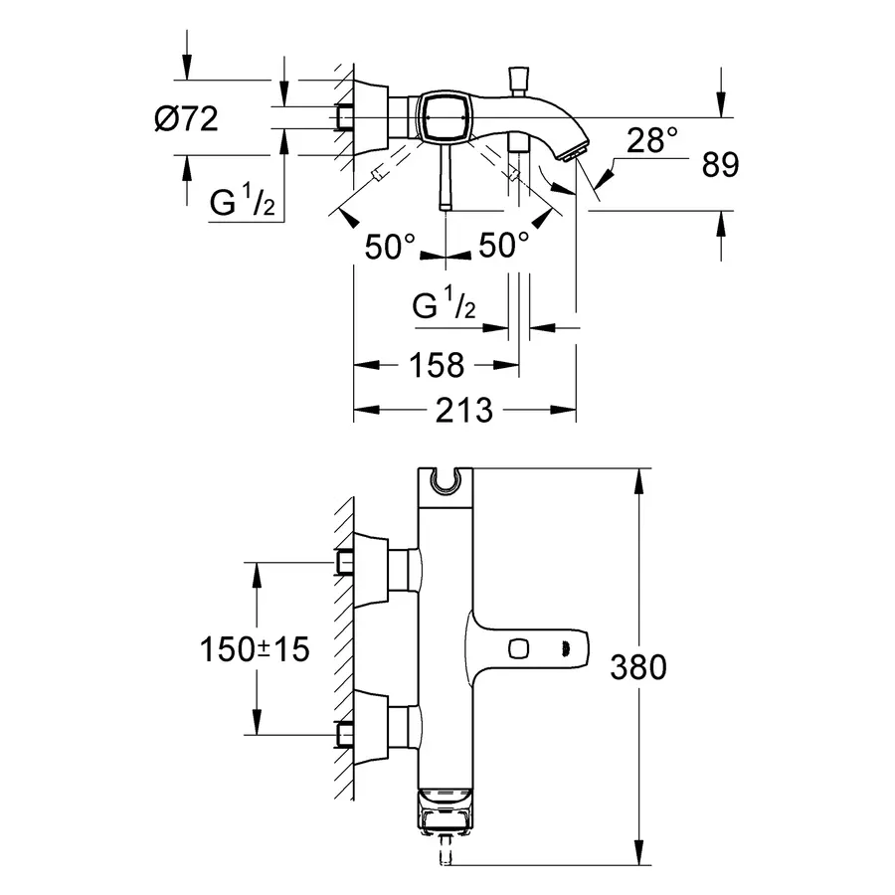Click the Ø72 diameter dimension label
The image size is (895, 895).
tap(186, 119)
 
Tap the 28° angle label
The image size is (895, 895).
tap(651, 140)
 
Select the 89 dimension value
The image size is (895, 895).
tap(720, 165)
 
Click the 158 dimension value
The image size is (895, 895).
tap(437, 365)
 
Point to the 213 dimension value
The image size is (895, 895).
tap(463, 411)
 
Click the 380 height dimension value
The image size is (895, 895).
tap(638, 666)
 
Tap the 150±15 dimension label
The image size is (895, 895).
tap(255, 649)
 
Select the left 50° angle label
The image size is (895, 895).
tap(390, 248)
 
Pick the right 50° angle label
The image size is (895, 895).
tap(503, 246)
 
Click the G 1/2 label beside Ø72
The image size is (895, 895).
tap(243, 200)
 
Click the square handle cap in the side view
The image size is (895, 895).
tap(445, 117)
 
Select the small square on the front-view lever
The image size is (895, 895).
tap(518, 649)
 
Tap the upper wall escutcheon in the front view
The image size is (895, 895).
tap(371, 569)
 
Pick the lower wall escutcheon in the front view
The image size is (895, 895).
tap(371, 728)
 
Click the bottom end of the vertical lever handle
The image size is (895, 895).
tap(446, 209)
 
